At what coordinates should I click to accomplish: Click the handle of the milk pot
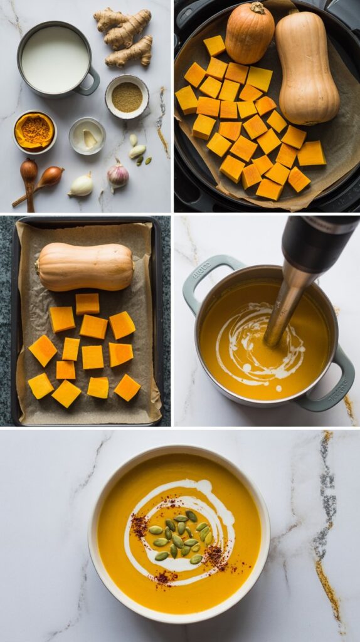point(91,82)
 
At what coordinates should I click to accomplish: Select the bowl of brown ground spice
point(127,97)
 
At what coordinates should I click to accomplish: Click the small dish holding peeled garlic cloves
point(87,136)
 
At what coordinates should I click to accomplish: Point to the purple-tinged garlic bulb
point(117,175)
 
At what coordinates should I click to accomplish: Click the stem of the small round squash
point(257,8)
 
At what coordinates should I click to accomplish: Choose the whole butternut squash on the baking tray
point(86,266)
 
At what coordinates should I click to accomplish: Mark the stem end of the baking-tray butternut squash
point(38,267)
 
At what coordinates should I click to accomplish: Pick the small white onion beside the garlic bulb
point(81,186)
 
